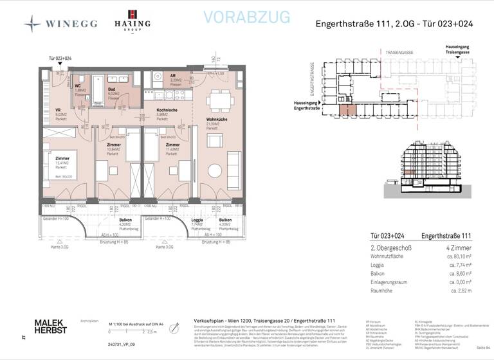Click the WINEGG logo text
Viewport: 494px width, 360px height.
pyautogui.click(x=71, y=24)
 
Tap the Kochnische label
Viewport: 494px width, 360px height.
pyautogui.click(x=166, y=110)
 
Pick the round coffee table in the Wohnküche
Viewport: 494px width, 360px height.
pyautogui.click(x=215, y=170)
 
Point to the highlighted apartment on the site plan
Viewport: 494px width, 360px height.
pyautogui.click(x=347, y=109)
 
